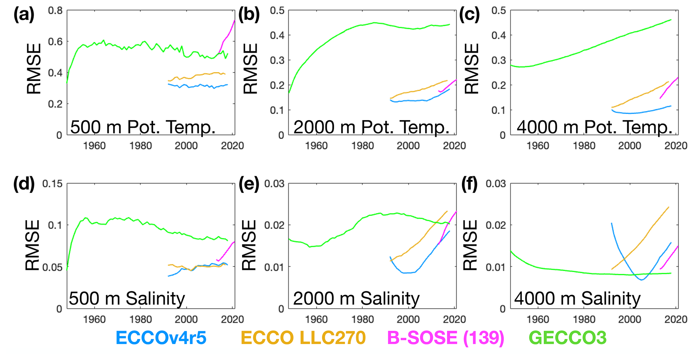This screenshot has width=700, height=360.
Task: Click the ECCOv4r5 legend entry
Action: pyautogui.click(x=161, y=338)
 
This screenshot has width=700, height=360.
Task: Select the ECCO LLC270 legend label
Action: pyautogui.click(x=303, y=338)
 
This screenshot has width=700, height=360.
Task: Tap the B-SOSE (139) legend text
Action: pyautogui.click(x=445, y=338)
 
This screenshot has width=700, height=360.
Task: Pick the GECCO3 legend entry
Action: pyautogui.click(x=568, y=338)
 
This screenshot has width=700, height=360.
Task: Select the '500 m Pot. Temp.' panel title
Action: pyautogui.click(x=143, y=127)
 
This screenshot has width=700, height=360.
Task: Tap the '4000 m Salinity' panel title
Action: pyautogui.click(x=577, y=298)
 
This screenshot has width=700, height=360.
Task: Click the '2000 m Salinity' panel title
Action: pyautogui.click(x=356, y=298)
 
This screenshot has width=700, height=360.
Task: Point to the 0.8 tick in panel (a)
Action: pyautogui.click(x=55, y=10)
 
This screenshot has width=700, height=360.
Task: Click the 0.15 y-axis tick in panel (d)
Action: pyautogui.click(x=52, y=184)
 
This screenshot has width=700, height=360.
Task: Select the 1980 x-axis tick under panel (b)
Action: pyautogui.click(x=362, y=146)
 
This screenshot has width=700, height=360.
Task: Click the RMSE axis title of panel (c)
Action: pyautogui.click(x=472, y=69)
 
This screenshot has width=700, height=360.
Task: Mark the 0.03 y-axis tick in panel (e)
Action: pyautogui.click(x=274, y=184)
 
